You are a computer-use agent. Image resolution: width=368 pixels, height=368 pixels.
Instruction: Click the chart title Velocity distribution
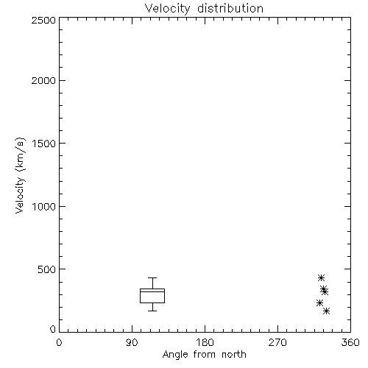tap(204, 9)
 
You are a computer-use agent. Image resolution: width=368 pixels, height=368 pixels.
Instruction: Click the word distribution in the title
tap(230, 8)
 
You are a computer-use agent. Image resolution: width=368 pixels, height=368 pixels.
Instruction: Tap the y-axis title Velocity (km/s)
tap(20, 175)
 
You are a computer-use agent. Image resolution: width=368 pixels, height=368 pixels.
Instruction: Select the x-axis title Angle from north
tap(204, 355)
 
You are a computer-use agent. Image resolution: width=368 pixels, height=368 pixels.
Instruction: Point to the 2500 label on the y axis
tap(43, 20)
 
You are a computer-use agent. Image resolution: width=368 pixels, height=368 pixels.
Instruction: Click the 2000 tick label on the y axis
tap(43, 81)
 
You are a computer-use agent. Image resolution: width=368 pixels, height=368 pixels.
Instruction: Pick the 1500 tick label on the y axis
tap(44, 144)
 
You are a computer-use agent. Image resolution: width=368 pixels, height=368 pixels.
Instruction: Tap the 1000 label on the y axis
tap(44, 207)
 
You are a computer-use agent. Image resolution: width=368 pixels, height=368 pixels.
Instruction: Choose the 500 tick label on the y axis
tap(47, 269)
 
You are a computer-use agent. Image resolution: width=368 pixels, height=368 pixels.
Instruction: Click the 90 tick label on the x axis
tap(132, 342)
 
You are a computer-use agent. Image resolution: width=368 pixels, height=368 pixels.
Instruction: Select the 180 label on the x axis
tap(205, 342)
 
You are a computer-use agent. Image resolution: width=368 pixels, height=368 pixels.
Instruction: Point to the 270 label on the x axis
tap(277, 342)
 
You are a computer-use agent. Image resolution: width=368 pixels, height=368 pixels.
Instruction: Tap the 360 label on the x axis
tap(350, 342)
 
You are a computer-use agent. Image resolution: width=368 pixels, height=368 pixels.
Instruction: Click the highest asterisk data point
tap(321, 278)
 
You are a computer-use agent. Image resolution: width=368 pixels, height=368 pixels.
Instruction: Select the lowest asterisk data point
tap(326, 311)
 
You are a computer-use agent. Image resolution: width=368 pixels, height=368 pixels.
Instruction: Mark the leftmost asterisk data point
tap(319, 302)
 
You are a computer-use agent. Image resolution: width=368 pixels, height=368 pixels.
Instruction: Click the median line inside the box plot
tap(152, 291)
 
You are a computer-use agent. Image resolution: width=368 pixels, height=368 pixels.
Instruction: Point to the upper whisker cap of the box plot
tap(152, 277)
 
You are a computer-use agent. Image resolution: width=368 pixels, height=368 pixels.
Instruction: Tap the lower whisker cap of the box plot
tap(152, 311)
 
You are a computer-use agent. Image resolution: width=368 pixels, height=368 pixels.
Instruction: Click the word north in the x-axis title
tap(234, 354)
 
